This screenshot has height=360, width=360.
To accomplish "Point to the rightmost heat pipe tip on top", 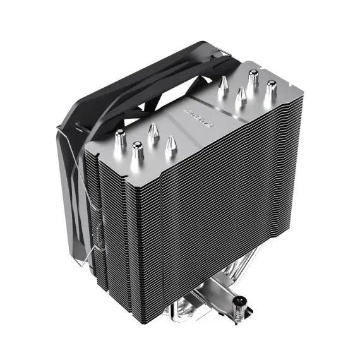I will click(271, 88).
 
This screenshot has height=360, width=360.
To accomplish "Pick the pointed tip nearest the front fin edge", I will click(169, 146).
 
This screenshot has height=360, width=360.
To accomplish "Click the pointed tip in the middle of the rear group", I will click(240, 95).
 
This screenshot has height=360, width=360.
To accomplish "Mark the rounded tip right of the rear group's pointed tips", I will click(271, 88).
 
